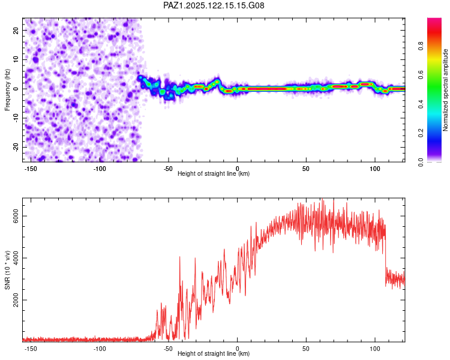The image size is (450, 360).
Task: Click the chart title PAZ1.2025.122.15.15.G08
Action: tap(214, 5)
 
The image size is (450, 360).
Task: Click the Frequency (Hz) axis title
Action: tap(7, 90)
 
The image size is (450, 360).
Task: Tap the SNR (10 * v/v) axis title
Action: tap(7, 270)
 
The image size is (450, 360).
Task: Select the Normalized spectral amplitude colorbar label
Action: tap(445, 90)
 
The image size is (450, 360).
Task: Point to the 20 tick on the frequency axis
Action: tap(16, 30)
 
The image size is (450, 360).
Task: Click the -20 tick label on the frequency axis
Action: tap(16, 147)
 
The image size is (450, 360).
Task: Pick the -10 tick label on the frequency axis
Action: tap(16, 118)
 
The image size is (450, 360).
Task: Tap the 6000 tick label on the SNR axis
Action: tap(16, 216)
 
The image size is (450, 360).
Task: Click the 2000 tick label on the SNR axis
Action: tap(16, 300)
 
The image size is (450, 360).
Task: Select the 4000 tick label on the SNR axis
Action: tap(16, 258)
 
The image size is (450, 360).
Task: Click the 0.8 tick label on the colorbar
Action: tap(421, 46)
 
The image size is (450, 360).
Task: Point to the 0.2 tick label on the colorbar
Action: tap(421, 133)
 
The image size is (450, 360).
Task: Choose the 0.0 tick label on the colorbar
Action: tap(421, 162)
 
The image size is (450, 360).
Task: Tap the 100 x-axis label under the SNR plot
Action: tap(375, 349)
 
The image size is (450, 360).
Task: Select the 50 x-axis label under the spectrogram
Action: tap(306, 169)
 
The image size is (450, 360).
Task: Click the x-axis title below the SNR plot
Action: tap(214, 353)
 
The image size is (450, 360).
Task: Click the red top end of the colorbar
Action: tap(434, 20)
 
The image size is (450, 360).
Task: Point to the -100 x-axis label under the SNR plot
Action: tap(99, 349)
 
